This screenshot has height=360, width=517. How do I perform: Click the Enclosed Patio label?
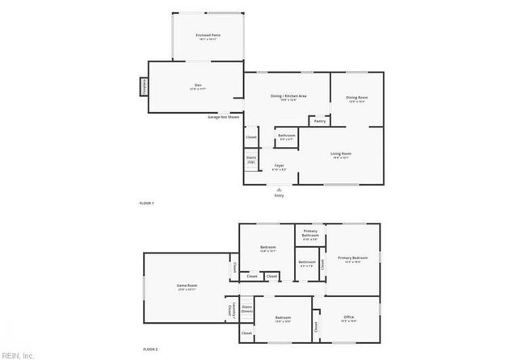click(x=208, y=36)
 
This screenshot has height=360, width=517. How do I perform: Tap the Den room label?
click(x=197, y=86)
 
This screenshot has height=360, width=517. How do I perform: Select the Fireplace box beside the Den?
click(x=144, y=86)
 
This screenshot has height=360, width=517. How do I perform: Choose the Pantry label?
click(x=320, y=122)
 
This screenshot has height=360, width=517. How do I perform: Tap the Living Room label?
click(x=341, y=155)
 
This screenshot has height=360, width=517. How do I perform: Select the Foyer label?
click(x=279, y=168)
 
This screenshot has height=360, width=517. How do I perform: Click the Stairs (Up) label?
click(x=251, y=160)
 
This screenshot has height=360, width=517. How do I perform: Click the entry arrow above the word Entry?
click(x=280, y=190)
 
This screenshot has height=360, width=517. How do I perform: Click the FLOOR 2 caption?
click(x=150, y=349)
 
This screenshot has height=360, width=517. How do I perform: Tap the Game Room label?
click(x=187, y=287)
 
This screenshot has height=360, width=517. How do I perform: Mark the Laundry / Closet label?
click(x=230, y=308)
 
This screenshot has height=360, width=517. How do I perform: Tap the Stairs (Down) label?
click(x=247, y=308)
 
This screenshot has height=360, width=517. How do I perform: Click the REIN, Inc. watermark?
click(x=18, y=354)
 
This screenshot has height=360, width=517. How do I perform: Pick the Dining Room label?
click(x=357, y=99)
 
